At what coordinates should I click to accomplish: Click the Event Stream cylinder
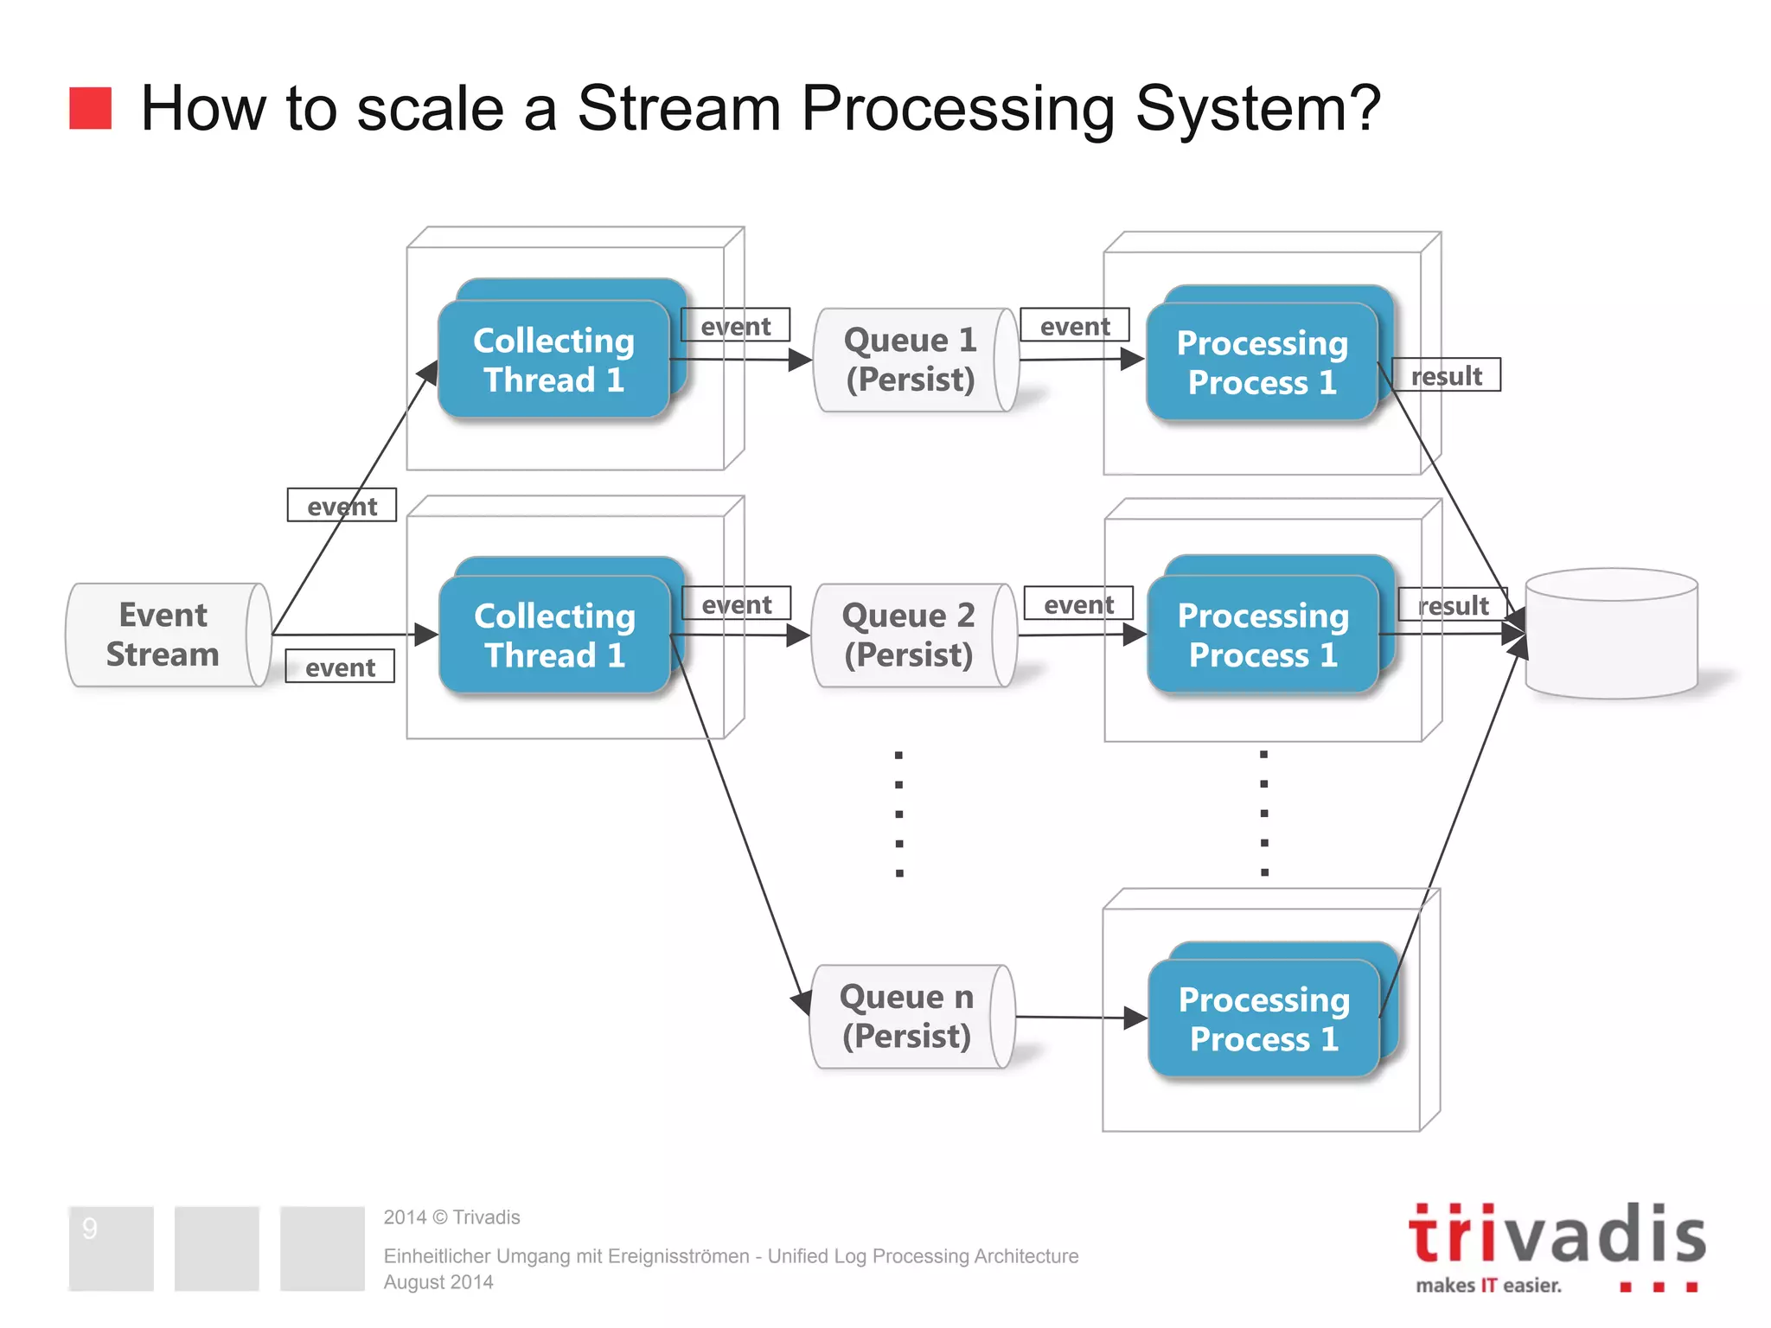(x=164, y=635)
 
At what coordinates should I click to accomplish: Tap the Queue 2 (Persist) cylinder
(x=909, y=635)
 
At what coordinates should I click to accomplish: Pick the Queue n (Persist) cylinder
(x=907, y=1017)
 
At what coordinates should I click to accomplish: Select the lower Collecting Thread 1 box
(x=554, y=635)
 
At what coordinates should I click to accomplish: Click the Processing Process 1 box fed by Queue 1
(x=1262, y=363)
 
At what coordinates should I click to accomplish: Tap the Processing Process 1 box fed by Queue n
(x=1263, y=1018)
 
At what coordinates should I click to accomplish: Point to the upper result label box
(x=1447, y=375)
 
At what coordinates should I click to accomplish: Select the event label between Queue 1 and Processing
(x=1075, y=325)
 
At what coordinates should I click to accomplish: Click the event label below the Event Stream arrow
(x=340, y=667)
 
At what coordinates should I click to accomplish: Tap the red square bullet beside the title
(x=90, y=108)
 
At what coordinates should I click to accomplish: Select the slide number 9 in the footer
(x=90, y=1229)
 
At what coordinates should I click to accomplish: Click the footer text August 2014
(x=438, y=1282)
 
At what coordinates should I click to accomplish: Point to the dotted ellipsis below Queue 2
(x=899, y=814)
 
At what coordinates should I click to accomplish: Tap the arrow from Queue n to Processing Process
(x=1081, y=1018)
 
